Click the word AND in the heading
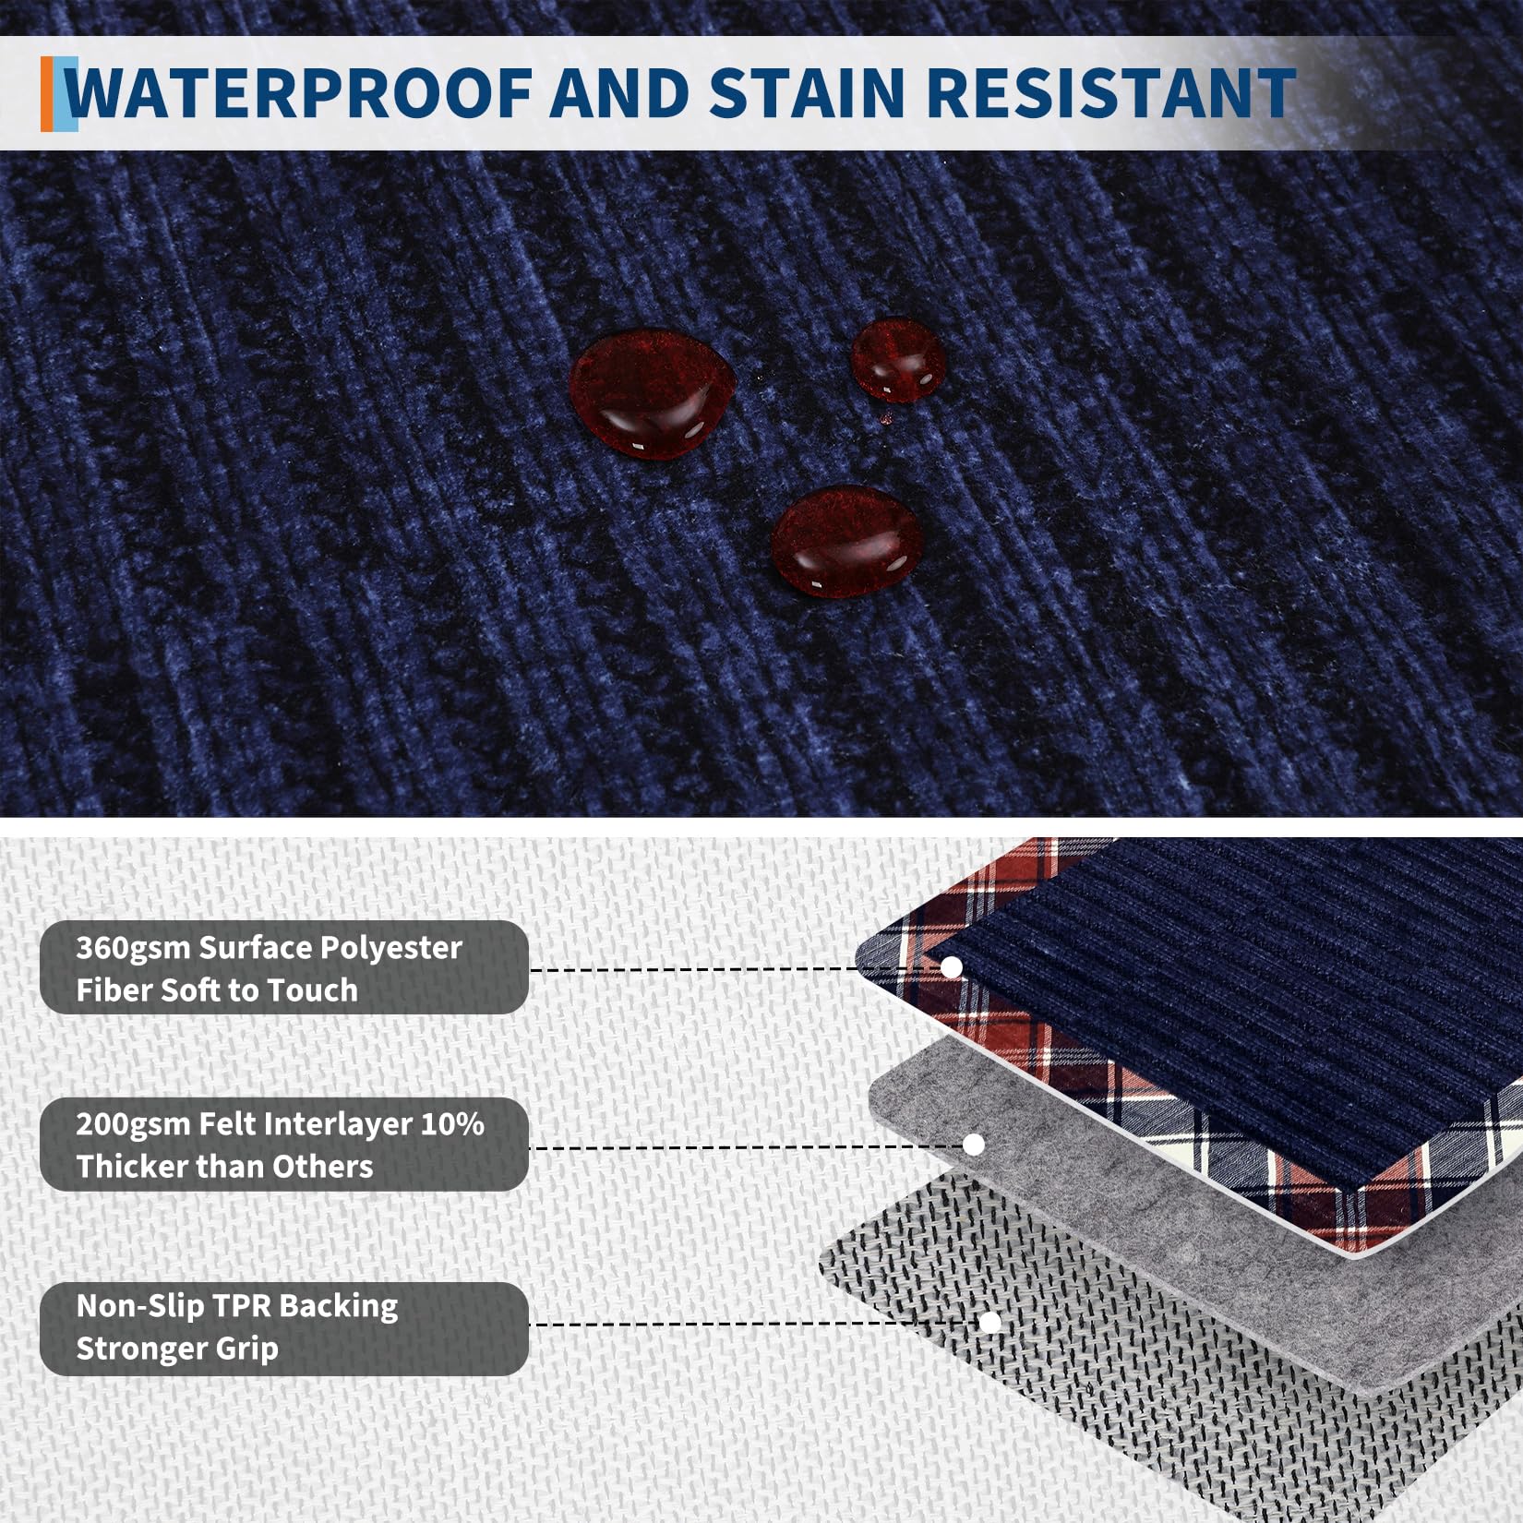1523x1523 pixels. pos(620,93)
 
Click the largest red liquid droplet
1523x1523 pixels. pos(651,393)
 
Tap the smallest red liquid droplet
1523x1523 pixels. pos(897,361)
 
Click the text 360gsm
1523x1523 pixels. pos(133,949)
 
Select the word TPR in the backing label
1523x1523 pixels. pos(241,1306)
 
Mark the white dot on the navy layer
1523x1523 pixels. pos(952,967)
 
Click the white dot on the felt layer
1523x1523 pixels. pos(973,1145)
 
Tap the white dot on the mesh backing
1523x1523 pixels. pos(990,1323)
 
